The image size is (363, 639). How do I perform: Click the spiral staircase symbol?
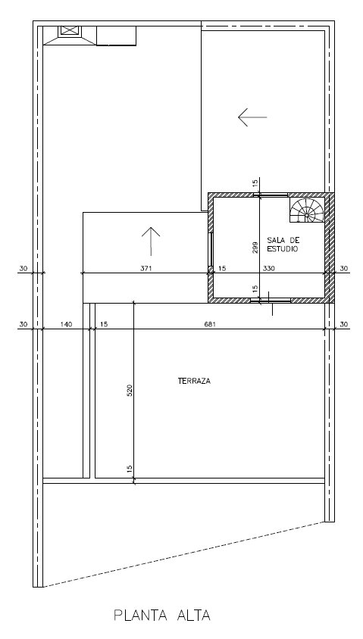click(x=307, y=210)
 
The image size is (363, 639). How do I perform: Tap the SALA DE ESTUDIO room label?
click(x=283, y=245)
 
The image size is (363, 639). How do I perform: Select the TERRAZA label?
click(x=194, y=381)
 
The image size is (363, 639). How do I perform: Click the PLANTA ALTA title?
click(x=162, y=615)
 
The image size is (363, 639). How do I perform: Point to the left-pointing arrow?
click(x=252, y=117)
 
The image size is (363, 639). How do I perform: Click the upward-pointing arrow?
click(x=151, y=242)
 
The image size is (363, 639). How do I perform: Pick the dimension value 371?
click(x=146, y=269)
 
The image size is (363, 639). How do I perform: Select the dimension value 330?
click(x=269, y=269)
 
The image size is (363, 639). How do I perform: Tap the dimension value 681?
click(x=210, y=324)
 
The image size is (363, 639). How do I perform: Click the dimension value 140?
click(x=66, y=324)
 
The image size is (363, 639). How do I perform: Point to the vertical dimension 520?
click(x=130, y=391)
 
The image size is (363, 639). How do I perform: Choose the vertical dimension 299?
click(x=255, y=248)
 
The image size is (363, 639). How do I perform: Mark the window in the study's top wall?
click(x=271, y=195)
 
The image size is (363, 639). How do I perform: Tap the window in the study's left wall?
click(x=211, y=249)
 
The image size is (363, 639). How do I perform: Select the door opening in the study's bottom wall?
click(x=271, y=301)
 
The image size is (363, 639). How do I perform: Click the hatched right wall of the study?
click(x=330, y=248)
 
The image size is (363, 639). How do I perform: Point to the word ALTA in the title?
click(x=194, y=615)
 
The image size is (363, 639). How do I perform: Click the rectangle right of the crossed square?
click(x=116, y=36)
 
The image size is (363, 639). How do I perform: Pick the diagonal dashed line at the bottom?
click(x=183, y=555)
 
